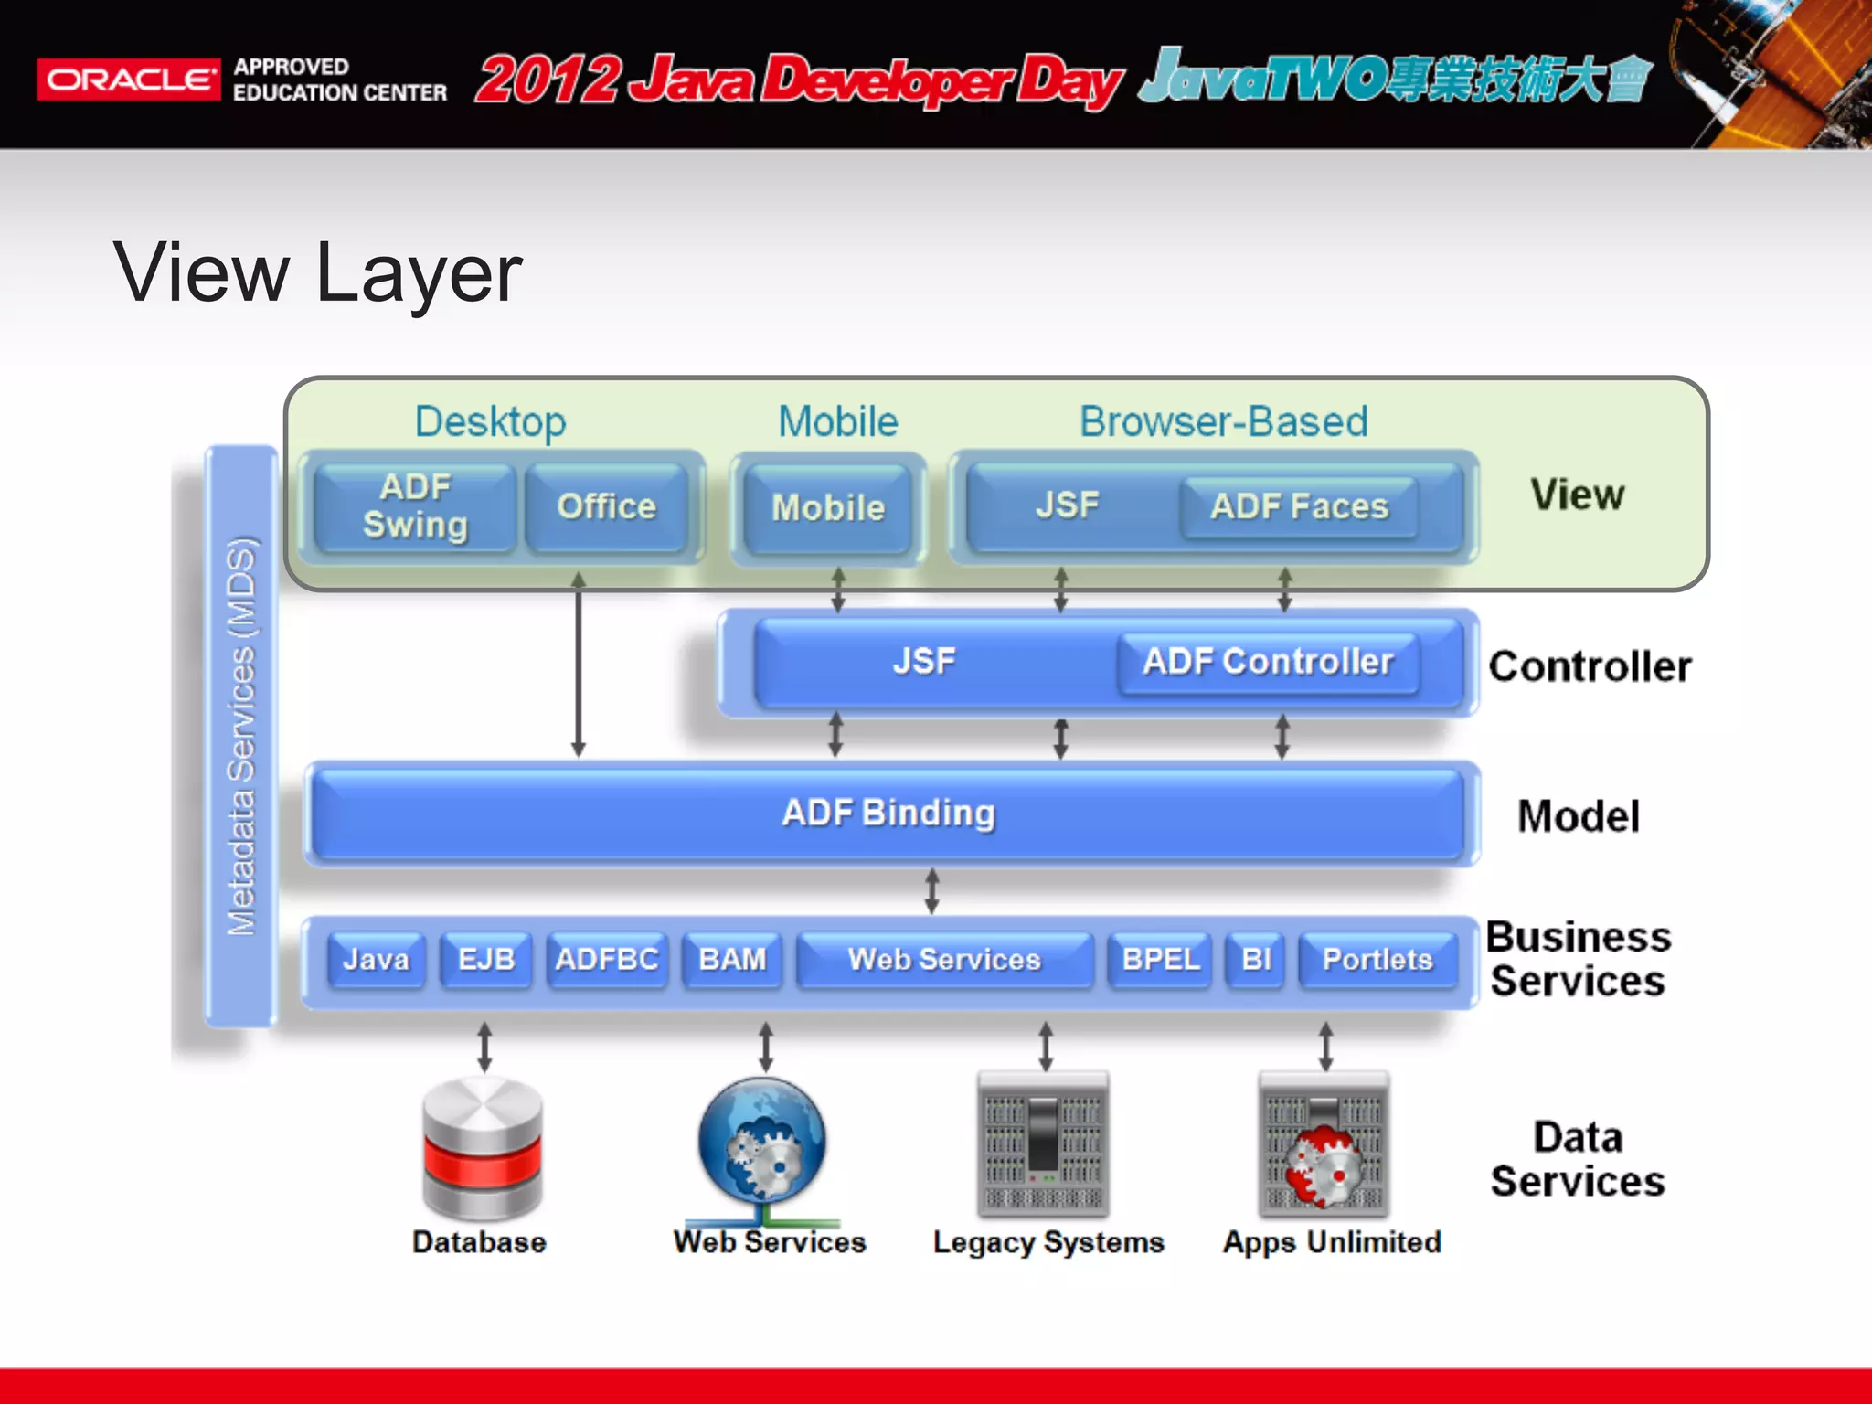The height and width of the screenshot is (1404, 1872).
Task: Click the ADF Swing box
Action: point(416,506)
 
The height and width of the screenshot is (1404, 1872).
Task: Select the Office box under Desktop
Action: point(606,506)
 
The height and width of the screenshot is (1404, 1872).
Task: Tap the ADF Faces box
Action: point(1298,506)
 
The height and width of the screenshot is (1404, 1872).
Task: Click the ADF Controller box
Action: point(1268,662)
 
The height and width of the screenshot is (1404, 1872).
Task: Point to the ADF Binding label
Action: point(888,813)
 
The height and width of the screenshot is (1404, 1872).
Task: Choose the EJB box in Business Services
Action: point(485,959)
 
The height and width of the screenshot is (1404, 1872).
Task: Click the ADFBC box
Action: point(606,959)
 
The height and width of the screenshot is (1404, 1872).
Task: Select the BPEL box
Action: point(1160,959)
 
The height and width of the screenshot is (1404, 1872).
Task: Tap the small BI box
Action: point(1256,959)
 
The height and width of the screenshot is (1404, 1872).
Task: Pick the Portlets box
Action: point(1377,959)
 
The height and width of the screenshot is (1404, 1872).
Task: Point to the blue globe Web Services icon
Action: point(761,1143)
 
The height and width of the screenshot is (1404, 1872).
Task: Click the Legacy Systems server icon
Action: point(1043,1144)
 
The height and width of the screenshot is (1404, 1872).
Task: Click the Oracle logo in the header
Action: point(128,80)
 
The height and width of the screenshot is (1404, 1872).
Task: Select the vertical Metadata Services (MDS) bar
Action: point(241,736)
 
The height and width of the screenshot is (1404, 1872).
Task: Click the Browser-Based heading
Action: point(1223,422)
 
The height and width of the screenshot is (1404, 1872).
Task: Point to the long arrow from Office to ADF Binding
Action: point(578,667)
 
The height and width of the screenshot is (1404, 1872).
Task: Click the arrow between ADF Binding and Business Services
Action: point(931,891)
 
